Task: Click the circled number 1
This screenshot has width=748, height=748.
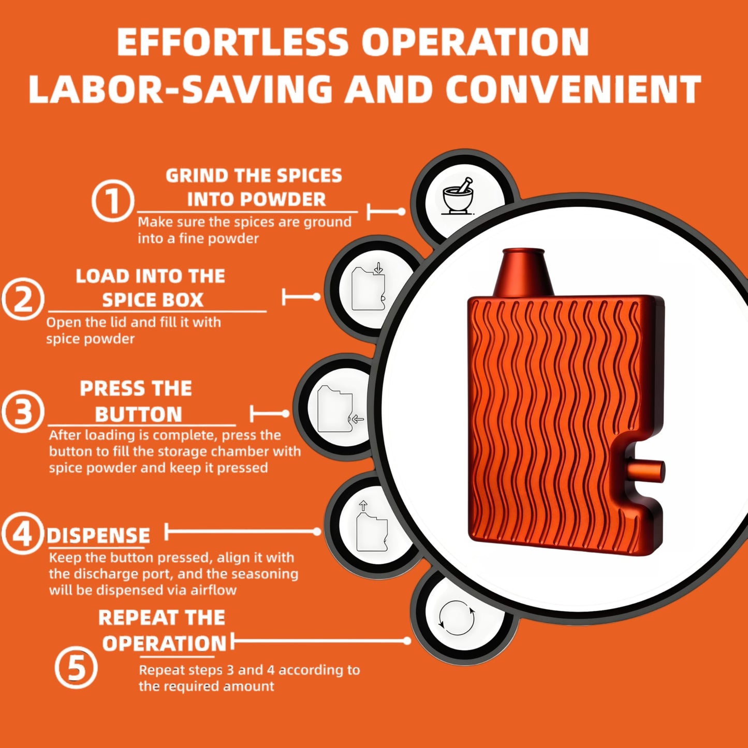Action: (113, 201)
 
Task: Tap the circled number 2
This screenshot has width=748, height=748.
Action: (22, 299)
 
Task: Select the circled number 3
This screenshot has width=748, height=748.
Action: (22, 412)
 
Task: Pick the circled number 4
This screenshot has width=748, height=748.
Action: (22, 533)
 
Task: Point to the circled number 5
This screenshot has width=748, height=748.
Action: (76, 667)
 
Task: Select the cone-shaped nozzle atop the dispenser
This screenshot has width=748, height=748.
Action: (523, 272)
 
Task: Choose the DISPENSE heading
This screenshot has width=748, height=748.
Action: (98, 536)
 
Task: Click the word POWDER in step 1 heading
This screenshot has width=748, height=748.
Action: (257, 199)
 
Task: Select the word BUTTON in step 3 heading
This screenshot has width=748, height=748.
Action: (139, 414)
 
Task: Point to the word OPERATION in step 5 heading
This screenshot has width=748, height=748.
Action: (165, 643)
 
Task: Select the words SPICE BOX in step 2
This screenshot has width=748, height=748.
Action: (153, 300)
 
